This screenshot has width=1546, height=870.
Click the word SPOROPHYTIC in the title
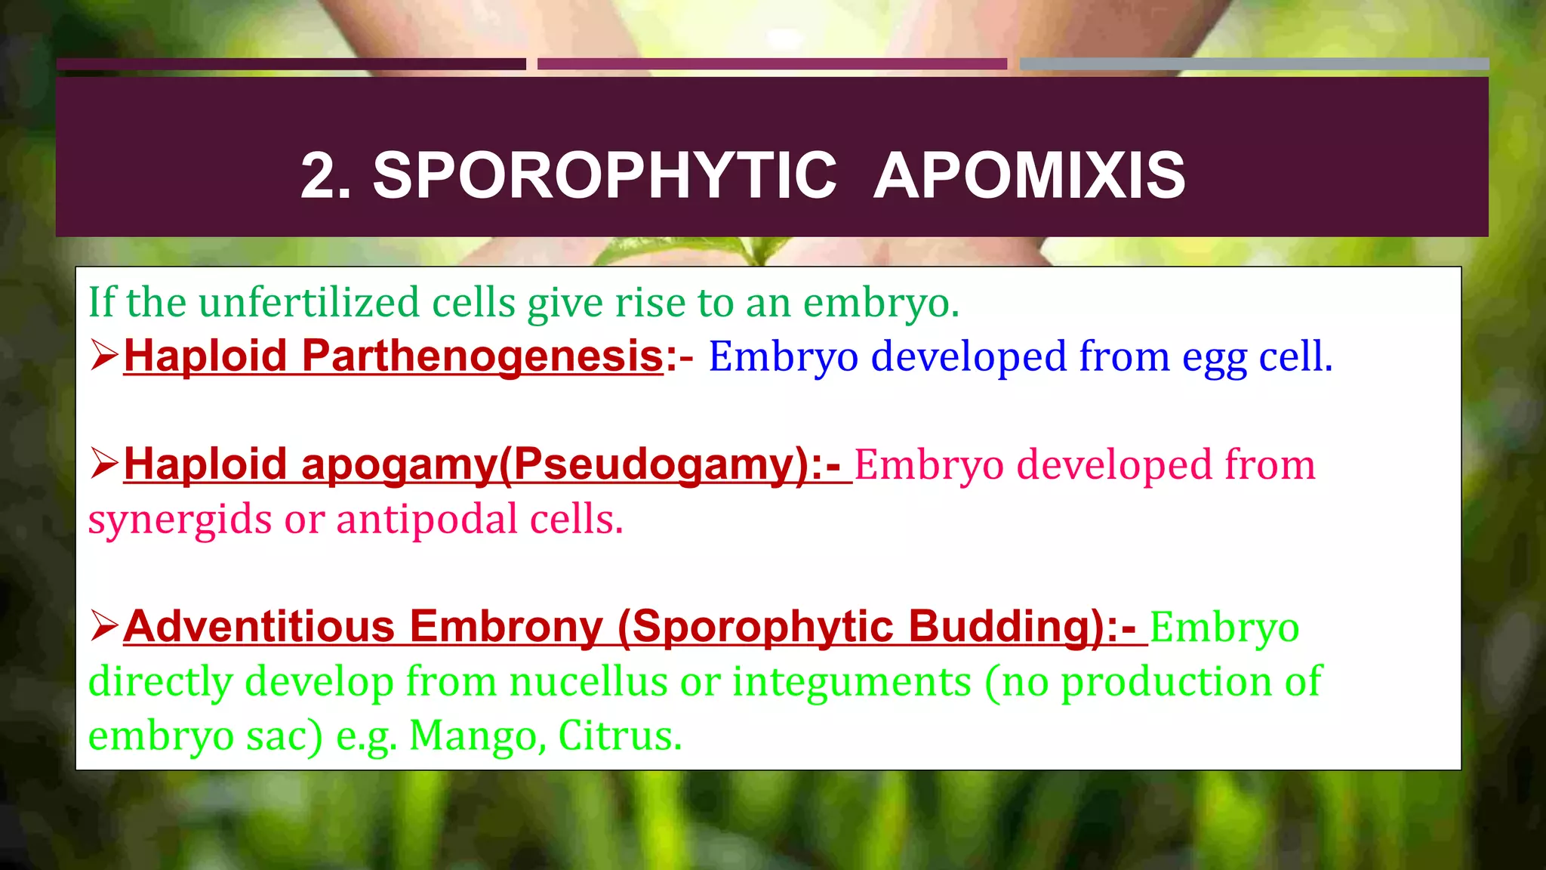pos(605,176)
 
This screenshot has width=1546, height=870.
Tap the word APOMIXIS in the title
pos(1029,176)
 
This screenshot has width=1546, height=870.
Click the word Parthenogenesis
pos(482,356)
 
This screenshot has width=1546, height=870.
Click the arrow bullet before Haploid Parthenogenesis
pos(103,356)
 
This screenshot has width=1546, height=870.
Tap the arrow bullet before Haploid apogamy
pos(103,464)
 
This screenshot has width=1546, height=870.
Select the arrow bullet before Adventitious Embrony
pos(103,626)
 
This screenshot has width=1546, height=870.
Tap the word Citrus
pos(620,735)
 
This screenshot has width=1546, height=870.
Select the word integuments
pos(852,682)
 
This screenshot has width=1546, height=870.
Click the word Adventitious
pos(259,626)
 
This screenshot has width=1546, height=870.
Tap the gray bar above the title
pos(1254,64)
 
